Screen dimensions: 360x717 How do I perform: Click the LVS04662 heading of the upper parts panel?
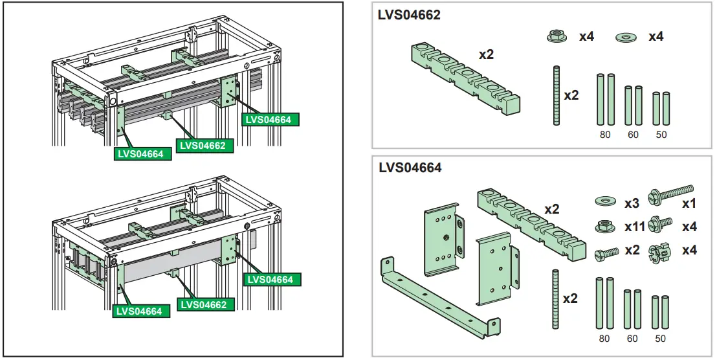pyautogui.click(x=409, y=15)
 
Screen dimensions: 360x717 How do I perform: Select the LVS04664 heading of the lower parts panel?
pyautogui.click(x=410, y=168)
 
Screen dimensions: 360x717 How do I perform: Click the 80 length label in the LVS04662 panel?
pyautogui.click(x=604, y=135)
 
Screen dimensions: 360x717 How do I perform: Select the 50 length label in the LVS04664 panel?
pyautogui.click(x=661, y=338)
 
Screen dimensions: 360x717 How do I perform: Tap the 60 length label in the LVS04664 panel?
pyautogui.click(x=632, y=338)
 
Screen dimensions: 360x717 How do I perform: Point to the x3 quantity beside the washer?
pyautogui.click(x=632, y=203)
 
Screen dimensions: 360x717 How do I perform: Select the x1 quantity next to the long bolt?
pyautogui.click(x=689, y=203)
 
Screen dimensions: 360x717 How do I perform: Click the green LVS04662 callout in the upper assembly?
pyautogui.click(x=203, y=146)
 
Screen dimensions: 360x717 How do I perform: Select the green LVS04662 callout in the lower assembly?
pyautogui.click(x=203, y=304)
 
